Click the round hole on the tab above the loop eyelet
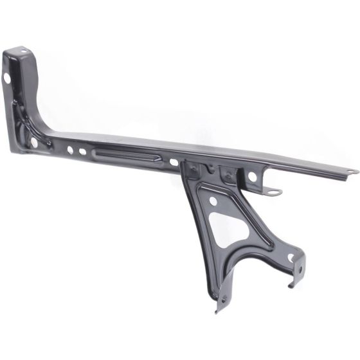(246, 175)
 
